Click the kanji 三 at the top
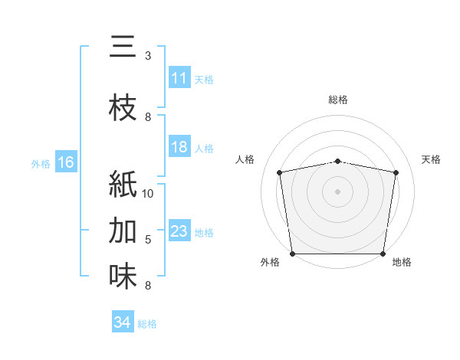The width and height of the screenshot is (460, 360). click(123, 47)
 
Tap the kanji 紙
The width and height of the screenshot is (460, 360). click(123, 185)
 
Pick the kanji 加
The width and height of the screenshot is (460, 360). click(123, 231)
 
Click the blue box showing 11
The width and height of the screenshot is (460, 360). click(179, 79)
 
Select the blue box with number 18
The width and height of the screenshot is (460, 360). click(179, 148)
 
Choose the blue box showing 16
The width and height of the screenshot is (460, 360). click(66, 162)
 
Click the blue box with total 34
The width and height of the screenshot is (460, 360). click(122, 323)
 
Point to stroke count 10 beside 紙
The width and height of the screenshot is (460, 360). click(148, 194)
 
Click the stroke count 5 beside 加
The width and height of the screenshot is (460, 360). click(148, 240)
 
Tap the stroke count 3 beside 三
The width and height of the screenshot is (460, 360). click(148, 56)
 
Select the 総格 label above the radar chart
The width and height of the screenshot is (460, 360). click(338, 100)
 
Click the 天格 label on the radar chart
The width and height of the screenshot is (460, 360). click(431, 159)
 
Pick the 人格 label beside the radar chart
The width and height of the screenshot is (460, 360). click(245, 159)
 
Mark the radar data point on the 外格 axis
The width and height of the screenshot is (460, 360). click(292, 254)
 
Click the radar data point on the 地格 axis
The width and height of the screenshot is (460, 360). click(383, 254)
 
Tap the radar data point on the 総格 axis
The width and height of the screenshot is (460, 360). click(338, 161)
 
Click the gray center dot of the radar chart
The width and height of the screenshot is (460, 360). click(338, 191)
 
